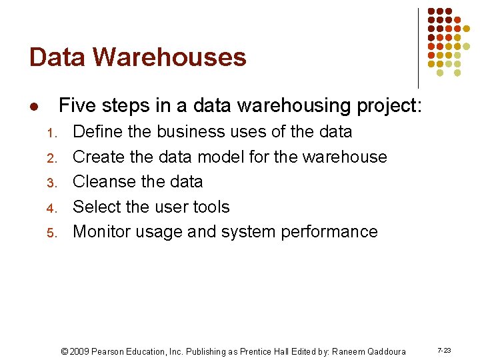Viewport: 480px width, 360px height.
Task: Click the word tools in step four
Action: pos(212,207)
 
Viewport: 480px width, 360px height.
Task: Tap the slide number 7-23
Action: pos(444,350)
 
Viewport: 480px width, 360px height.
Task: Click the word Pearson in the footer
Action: pos(110,351)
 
